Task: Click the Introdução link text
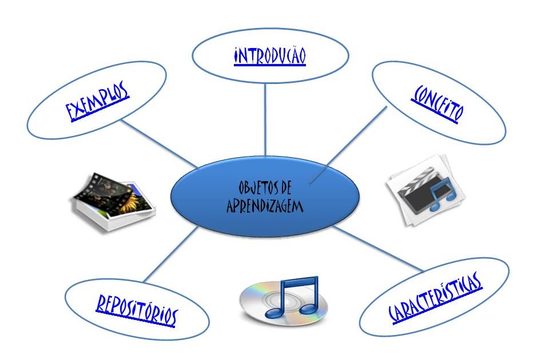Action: (x=269, y=57)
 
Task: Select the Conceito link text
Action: (x=436, y=103)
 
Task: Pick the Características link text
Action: (x=435, y=297)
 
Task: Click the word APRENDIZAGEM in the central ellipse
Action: (x=264, y=207)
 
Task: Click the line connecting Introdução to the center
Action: (x=265, y=120)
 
